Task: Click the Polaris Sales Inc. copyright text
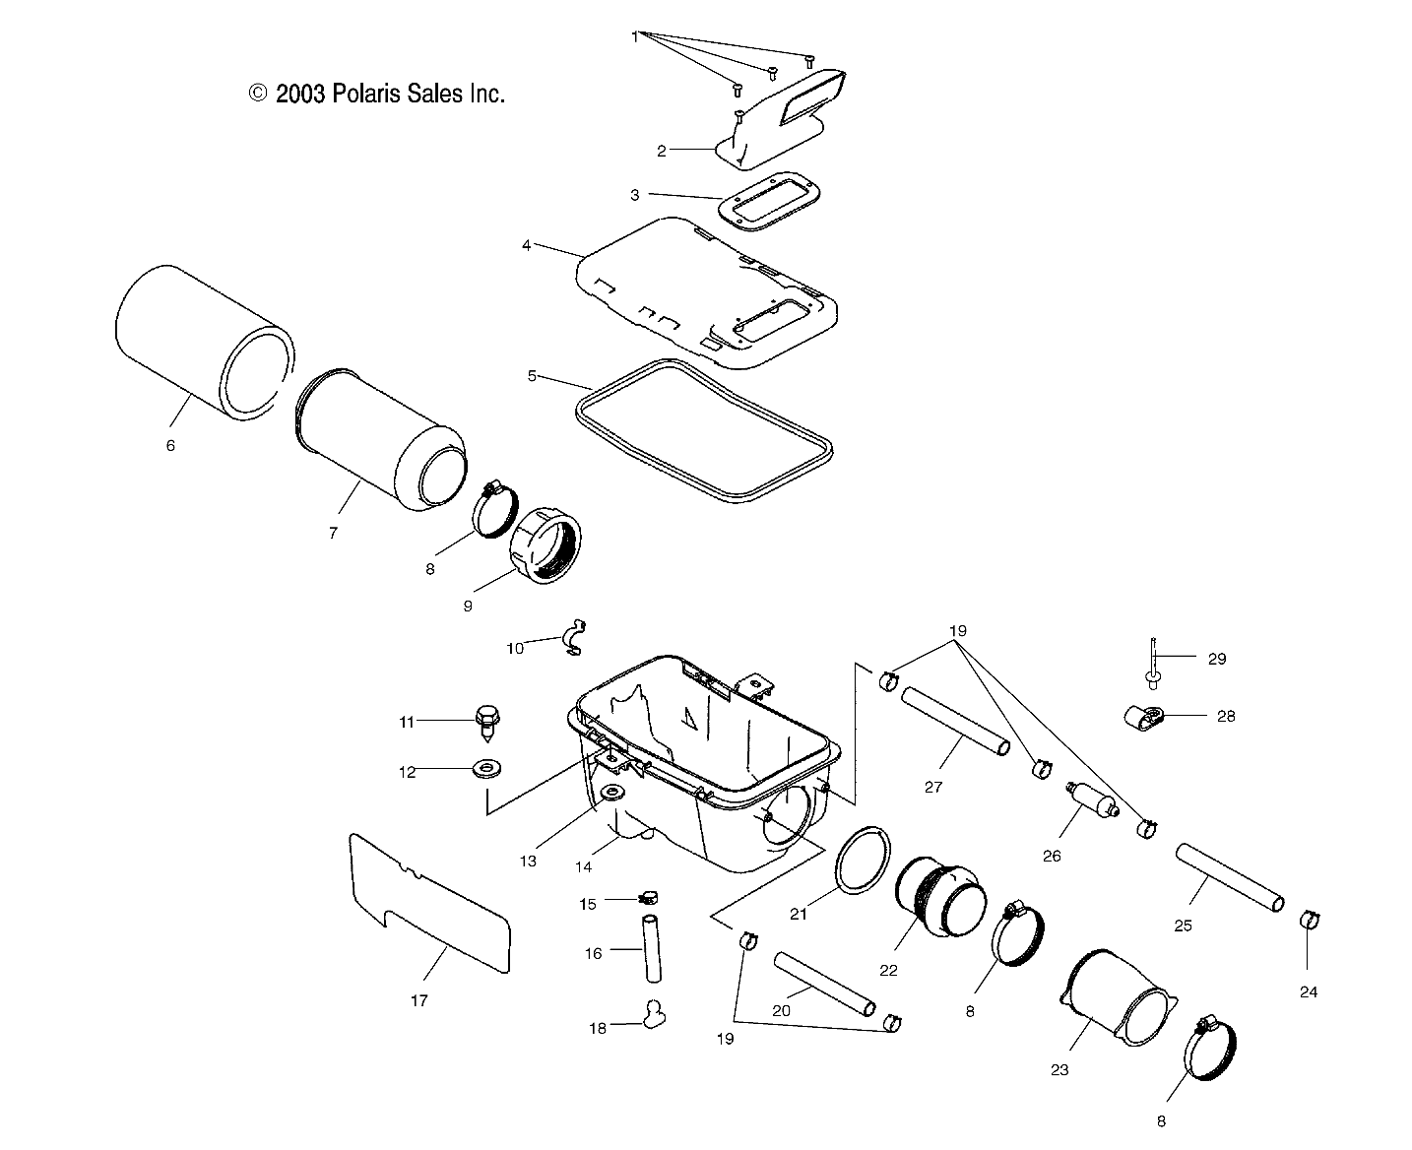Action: (377, 94)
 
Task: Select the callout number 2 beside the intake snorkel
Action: (662, 151)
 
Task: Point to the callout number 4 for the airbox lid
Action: (527, 244)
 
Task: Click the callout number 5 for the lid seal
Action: (532, 375)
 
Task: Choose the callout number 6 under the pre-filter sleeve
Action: (170, 445)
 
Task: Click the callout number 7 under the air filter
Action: (334, 533)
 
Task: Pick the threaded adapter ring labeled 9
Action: (546, 546)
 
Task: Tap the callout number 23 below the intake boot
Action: (1059, 1069)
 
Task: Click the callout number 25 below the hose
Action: (1184, 926)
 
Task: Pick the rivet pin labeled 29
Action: (1152, 659)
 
